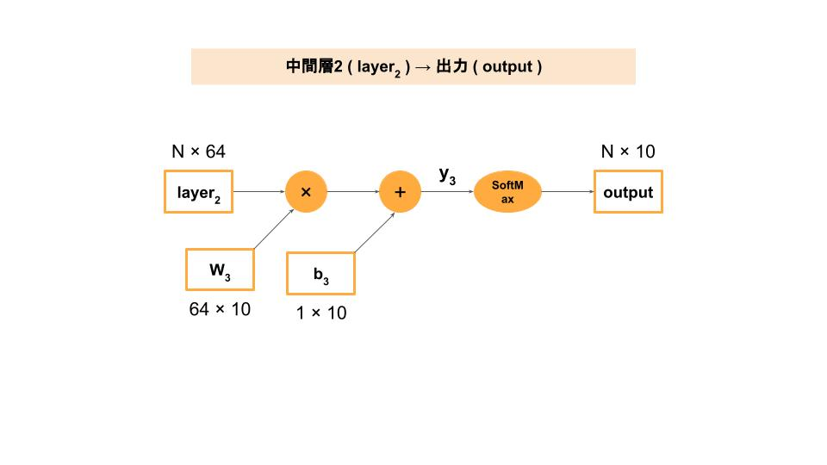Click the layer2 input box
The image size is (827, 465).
[199, 192]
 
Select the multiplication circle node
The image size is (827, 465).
[306, 192]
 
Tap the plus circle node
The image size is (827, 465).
[400, 192]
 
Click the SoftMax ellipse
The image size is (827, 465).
[507, 192]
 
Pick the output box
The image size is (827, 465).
[628, 192]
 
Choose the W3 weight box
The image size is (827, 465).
[221, 270]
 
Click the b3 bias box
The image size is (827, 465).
[320, 274]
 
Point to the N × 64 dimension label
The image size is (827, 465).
[199, 152]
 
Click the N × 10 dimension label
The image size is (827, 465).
[628, 152]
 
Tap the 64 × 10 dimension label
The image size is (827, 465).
[220, 308]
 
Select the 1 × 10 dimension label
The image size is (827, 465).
[321, 313]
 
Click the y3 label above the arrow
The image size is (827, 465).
[447, 174]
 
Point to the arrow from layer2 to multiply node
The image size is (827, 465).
[259, 192]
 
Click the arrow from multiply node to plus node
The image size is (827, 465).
[353, 192]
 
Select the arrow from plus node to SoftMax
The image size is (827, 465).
[447, 192]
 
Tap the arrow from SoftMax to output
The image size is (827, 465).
[568, 192]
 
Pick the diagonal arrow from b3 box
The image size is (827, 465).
[375, 232]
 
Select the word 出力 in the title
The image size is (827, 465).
[451, 66]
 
